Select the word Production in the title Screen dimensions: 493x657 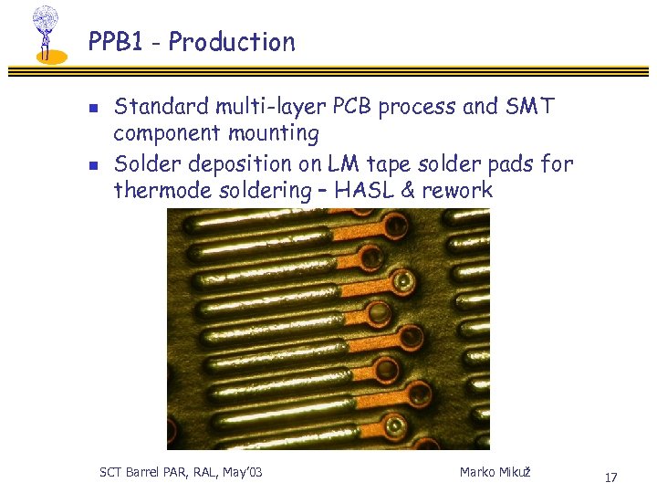point(232,42)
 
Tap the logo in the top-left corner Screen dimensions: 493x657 point(46,34)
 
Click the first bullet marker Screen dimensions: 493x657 point(92,108)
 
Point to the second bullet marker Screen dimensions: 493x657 point(92,166)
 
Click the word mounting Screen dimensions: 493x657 point(273,134)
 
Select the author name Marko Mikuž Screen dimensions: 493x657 point(495,472)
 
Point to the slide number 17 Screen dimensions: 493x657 point(610,477)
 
